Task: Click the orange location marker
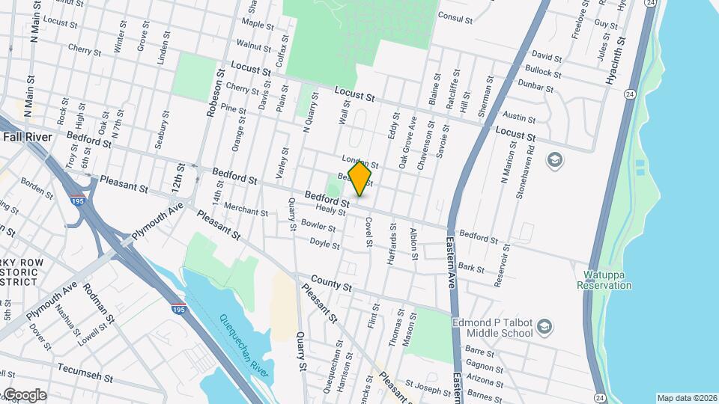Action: tap(359, 179)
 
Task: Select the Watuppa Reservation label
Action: tap(604, 281)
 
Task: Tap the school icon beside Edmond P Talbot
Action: tap(545, 325)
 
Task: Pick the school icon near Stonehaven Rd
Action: tap(554, 159)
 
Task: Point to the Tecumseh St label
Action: tap(85, 370)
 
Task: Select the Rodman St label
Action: tap(98, 302)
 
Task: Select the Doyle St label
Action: tap(324, 244)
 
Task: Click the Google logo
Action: tap(24, 395)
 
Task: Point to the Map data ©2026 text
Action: tap(687, 397)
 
